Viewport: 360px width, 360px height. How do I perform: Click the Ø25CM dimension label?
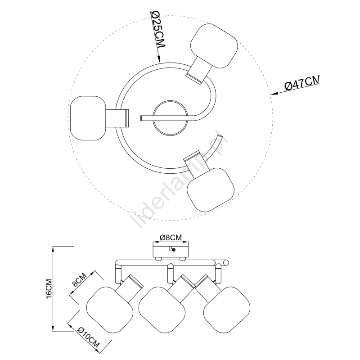[158, 29]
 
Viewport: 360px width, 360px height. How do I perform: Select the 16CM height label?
[49, 288]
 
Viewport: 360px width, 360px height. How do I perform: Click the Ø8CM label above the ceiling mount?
[171, 238]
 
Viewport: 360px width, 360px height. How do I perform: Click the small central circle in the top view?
[170, 119]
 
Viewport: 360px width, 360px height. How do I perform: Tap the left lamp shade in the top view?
[88, 118]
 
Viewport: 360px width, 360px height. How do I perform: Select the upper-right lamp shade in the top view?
[214, 46]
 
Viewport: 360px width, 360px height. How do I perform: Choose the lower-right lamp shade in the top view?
[211, 189]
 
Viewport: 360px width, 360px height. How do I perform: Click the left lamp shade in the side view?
[110, 310]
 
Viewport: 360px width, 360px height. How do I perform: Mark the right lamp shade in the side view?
[227, 310]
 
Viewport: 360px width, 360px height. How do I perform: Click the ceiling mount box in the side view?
[171, 252]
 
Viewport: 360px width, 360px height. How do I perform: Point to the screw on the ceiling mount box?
[174, 250]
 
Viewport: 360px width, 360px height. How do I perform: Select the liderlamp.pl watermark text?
[179, 179]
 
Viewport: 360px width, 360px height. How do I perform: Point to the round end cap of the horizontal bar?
[226, 263]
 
